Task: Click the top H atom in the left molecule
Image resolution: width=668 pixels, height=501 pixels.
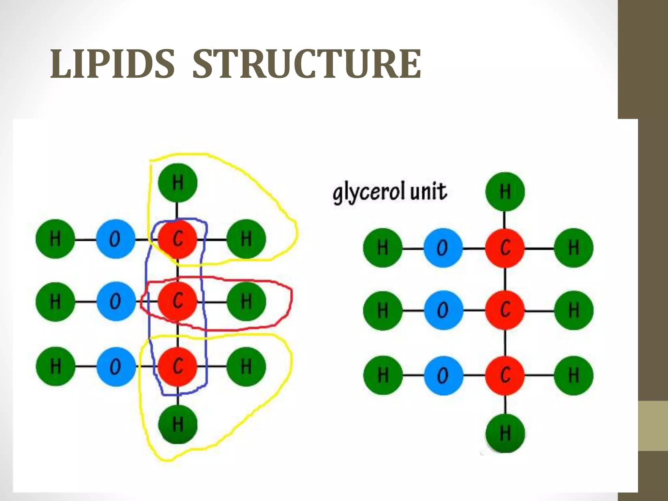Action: [x=177, y=183]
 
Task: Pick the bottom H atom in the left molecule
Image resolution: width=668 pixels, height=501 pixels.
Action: [x=177, y=424]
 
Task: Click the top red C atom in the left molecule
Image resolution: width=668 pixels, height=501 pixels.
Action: [x=177, y=239]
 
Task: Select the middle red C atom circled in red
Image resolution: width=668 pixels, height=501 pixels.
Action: [x=177, y=301]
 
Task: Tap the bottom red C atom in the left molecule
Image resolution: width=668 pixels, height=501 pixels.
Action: [x=177, y=366]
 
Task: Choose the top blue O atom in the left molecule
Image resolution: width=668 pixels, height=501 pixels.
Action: [x=115, y=239]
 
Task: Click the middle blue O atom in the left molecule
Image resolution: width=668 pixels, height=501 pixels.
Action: [x=115, y=301]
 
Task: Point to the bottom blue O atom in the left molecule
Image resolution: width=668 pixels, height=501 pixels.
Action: [x=115, y=366]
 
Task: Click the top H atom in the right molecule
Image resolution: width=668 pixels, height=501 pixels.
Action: [x=505, y=191]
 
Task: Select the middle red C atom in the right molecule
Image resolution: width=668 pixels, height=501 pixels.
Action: [x=505, y=310]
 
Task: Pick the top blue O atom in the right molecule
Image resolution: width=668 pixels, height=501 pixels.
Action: [x=443, y=248]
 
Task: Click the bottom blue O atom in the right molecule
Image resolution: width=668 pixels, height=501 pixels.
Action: [x=443, y=375]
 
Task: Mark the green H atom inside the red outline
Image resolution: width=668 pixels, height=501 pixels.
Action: [x=246, y=301]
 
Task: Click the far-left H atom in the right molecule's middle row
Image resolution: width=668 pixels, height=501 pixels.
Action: [x=383, y=310]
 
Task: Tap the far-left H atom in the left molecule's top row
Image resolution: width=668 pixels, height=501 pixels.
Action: [x=55, y=239]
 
